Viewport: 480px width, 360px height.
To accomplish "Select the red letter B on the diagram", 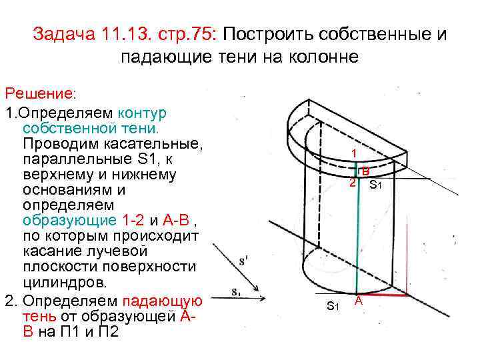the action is point(366,171).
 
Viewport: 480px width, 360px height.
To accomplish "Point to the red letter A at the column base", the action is point(358,301).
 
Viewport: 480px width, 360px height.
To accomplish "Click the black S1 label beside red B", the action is point(375,184).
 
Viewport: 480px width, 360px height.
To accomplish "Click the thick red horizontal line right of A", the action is point(385,294).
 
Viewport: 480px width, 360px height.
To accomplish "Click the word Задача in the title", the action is point(65,35).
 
